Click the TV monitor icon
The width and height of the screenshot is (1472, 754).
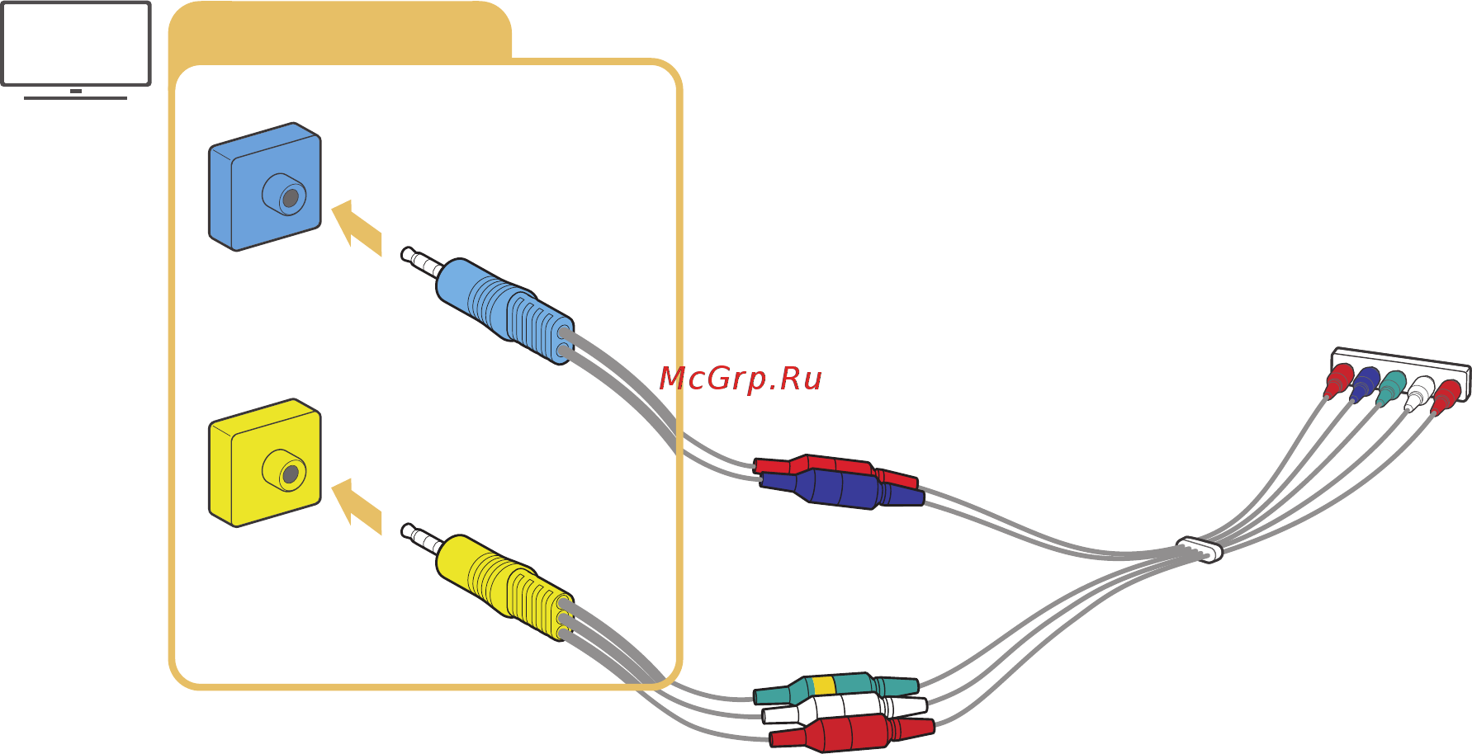[76, 45]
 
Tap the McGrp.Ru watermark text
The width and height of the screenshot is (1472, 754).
[740, 379]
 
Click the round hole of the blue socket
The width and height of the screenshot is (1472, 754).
[290, 198]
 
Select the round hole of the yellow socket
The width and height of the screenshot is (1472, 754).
[290, 474]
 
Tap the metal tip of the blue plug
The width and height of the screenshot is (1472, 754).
[421, 262]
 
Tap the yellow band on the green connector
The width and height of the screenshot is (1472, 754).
[824, 686]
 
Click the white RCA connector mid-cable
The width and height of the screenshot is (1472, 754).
[842, 708]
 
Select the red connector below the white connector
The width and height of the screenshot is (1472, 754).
[850, 733]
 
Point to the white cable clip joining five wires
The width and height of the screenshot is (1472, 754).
[1200, 549]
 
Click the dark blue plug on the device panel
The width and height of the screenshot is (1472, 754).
[1364, 384]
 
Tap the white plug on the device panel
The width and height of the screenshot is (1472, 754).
[1419, 393]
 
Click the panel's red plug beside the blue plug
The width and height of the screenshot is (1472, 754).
[1338, 380]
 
